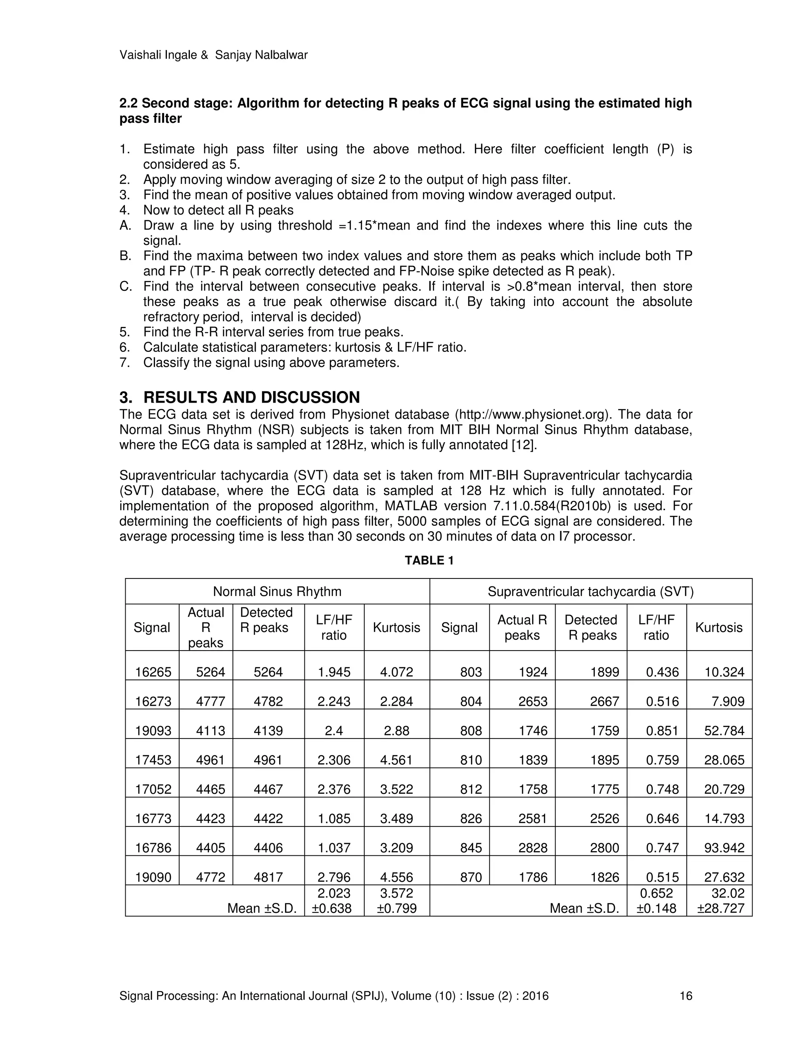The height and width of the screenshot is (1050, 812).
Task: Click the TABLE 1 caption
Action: coord(429,561)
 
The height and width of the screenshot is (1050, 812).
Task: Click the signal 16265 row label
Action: coord(153,672)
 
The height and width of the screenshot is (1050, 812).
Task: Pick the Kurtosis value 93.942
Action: coord(724,848)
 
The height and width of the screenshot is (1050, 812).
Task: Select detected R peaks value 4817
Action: coord(268,877)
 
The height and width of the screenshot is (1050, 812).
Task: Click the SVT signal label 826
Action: coord(471,818)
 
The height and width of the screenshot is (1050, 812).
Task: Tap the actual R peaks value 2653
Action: coord(533,701)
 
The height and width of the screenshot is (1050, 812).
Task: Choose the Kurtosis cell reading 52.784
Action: coord(724,731)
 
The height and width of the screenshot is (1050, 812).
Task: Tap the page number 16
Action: coord(686,996)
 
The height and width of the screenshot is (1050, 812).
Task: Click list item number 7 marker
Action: coord(124,363)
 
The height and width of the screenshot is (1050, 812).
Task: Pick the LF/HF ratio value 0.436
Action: coord(663,672)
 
